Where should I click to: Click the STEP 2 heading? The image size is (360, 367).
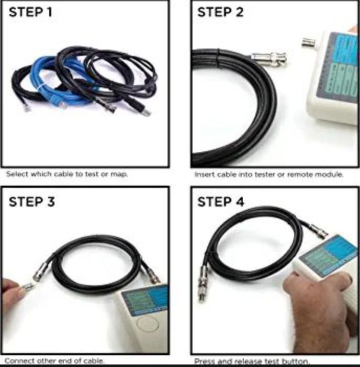coord(220,13)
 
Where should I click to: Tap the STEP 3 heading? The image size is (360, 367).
coord(31,202)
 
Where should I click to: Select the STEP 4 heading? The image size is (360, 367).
coord(220,202)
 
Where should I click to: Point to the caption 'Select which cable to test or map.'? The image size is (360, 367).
coord(66,174)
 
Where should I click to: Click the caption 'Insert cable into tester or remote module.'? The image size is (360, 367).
coord(269,174)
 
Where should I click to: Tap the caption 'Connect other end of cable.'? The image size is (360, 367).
coord(55,361)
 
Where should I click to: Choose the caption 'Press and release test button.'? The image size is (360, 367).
coord(251,361)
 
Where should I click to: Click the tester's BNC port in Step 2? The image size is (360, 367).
coord(308,42)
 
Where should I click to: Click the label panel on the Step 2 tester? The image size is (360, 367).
coord(339,66)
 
